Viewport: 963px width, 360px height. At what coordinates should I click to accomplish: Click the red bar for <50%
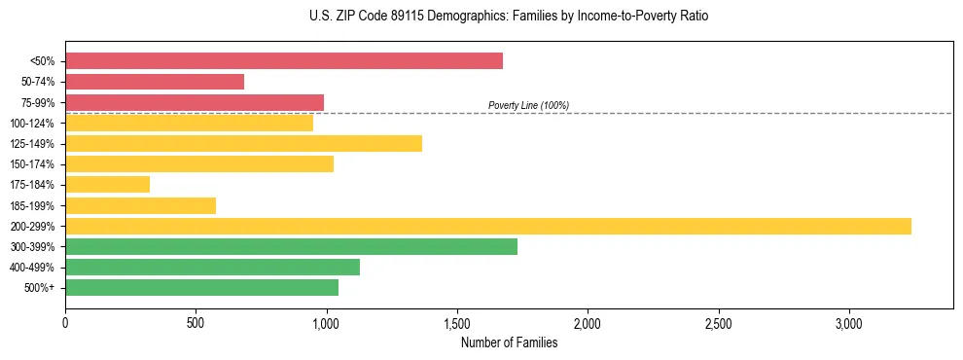tap(284, 61)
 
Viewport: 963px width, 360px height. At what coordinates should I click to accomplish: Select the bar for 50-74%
tap(155, 82)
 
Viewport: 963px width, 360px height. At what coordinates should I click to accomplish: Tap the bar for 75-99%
tap(195, 102)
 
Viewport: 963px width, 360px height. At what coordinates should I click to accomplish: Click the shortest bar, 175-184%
tap(107, 185)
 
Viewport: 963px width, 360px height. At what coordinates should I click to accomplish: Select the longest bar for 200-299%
tap(488, 226)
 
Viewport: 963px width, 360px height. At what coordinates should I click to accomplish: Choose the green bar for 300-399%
tap(291, 247)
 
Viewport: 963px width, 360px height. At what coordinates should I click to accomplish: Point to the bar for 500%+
tap(201, 288)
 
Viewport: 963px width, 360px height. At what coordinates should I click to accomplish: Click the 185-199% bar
tap(140, 205)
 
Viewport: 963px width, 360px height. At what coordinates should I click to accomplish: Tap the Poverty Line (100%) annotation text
tap(528, 105)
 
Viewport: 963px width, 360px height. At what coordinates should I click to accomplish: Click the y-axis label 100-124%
tap(32, 124)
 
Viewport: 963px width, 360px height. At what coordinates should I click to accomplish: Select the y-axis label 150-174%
tap(32, 164)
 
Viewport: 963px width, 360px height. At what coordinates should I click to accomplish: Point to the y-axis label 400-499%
tap(32, 268)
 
